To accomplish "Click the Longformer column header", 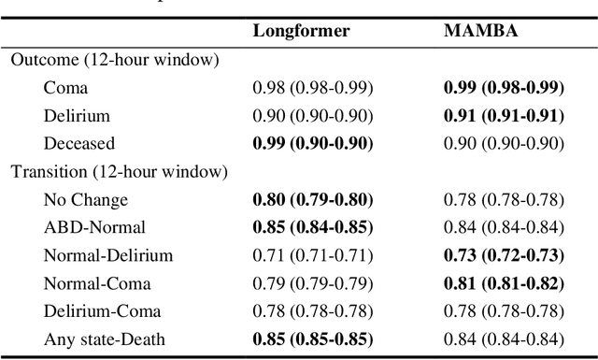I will pos(301,31).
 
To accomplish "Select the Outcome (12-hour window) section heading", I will pos(115,60).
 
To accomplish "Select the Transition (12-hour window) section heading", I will pos(119,171).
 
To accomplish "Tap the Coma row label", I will pos(64,88).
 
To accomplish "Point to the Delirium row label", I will pos(77,116).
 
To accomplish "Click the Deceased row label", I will pos(79,143).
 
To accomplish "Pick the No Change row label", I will pos(85,199).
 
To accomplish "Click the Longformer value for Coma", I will pos(313,88).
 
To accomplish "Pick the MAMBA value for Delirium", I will pos(505,116).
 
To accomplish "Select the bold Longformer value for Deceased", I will pos(314,143).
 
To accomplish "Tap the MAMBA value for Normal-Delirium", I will pos(505,254).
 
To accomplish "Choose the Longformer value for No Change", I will pos(314,199).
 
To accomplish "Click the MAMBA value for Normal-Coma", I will pos(505,282).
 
